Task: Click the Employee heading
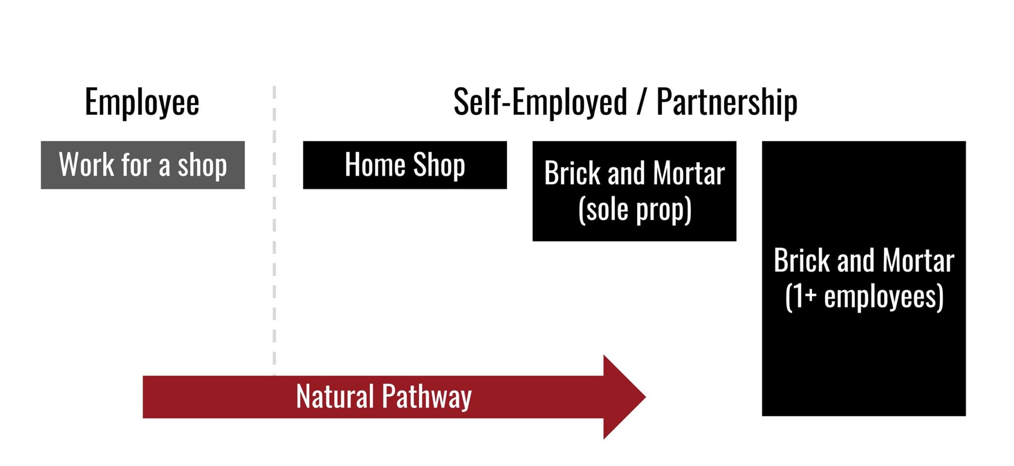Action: pos(142,102)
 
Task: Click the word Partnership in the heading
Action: pos(726,102)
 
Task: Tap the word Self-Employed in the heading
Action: pos(540,102)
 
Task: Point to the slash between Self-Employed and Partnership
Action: pos(642,102)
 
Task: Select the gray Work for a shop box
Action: pos(143,165)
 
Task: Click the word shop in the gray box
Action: pos(202,166)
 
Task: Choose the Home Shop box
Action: pos(405,165)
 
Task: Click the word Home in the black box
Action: pos(375,165)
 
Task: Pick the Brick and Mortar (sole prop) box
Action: pos(634,191)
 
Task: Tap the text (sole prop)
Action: pos(634,210)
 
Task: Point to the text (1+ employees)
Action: pos(864,297)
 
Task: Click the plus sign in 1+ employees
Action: pos(810,295)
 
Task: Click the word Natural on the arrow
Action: pos(335,397)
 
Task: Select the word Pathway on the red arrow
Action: pos(427,397)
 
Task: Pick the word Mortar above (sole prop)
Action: pos(689,174)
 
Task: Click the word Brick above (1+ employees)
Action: pos(803,261)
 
